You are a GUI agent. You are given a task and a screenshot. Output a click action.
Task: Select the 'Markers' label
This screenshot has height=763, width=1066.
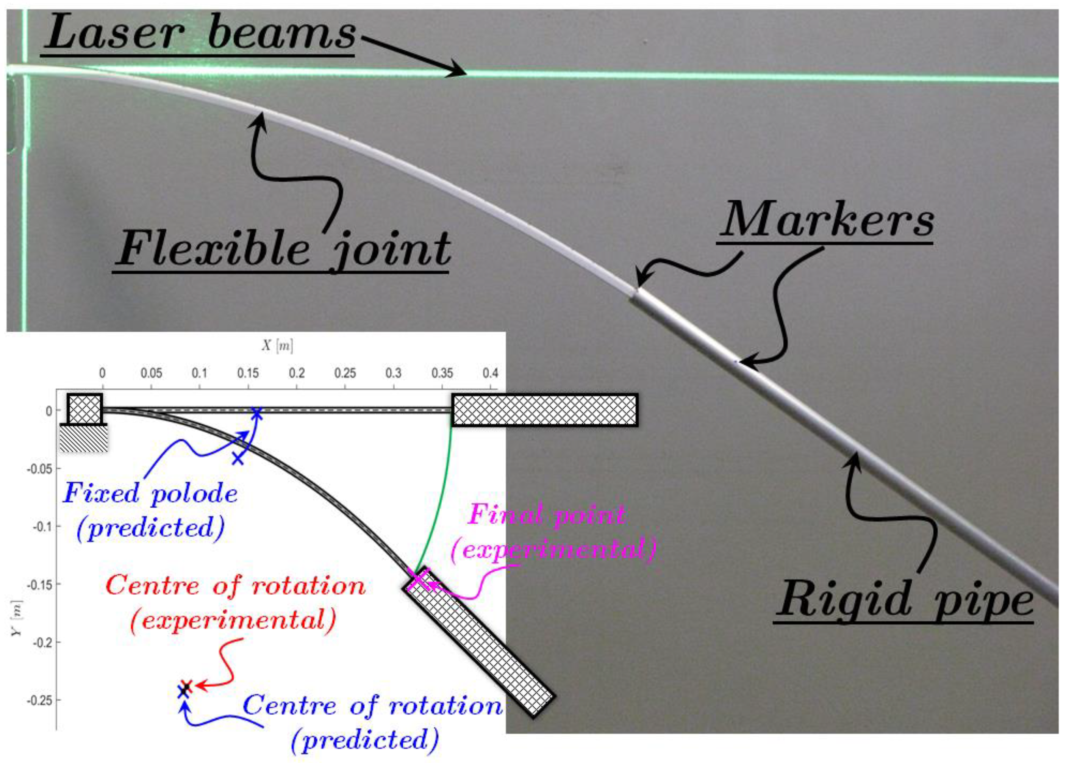[826, 221]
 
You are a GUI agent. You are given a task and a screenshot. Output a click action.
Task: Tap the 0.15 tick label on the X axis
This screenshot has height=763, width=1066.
[248, 374]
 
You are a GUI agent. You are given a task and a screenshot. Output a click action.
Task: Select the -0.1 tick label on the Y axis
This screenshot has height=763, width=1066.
[41, 527]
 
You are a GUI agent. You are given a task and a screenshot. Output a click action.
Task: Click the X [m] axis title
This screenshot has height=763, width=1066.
[277, 346]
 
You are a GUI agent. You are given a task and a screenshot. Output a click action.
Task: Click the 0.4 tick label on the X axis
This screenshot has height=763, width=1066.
[490, 374]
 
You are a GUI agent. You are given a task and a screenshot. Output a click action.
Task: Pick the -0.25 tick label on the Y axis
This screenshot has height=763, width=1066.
[39, 700]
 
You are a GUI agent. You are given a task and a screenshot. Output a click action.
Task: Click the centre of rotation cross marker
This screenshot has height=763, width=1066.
[185, 689]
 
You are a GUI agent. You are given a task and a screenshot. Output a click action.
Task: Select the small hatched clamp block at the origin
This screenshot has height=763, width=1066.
[84, 409]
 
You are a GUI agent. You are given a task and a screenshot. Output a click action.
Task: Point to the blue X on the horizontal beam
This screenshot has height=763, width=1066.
[256, 413]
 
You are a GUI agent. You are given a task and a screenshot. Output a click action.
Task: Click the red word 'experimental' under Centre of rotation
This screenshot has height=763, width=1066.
[233, 620]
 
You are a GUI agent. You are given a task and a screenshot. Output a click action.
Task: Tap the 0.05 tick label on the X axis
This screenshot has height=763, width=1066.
[151, 374]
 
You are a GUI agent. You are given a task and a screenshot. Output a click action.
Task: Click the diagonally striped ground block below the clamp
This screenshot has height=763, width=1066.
[84, 438]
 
